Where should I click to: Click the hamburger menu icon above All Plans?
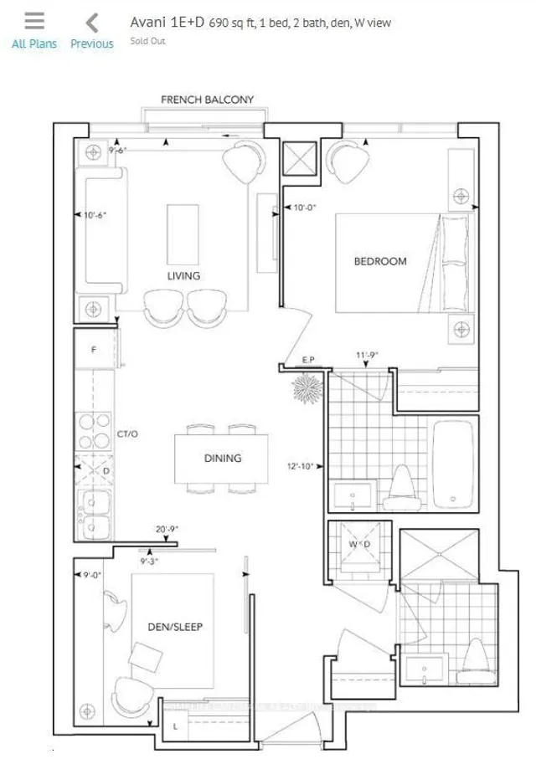click(x=34, y=22)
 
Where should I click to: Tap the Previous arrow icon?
click(x=92, y=23)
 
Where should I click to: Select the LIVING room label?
click(x=183, y=276)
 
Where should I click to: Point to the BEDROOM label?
click(x=380, y=261)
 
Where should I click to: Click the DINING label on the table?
click(x=222, y=458)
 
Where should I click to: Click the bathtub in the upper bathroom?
click(x=453, y=464)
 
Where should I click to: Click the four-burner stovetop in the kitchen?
click(x=89, y=430)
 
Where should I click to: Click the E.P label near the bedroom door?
click(x=307, y=360)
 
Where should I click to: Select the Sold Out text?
click(x=147, y=41)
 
